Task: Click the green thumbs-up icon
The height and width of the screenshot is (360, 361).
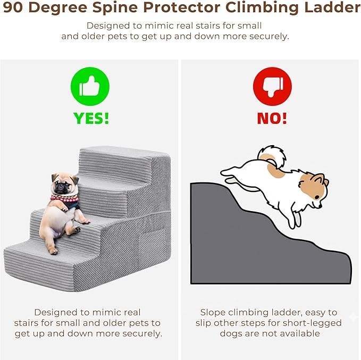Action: [90, 87]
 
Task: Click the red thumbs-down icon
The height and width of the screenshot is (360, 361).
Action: [272, 87]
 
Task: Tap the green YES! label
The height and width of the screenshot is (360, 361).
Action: [91, 118]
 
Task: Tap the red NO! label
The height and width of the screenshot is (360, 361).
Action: [272, 118]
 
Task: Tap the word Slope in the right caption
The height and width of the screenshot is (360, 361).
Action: [213, 312]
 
